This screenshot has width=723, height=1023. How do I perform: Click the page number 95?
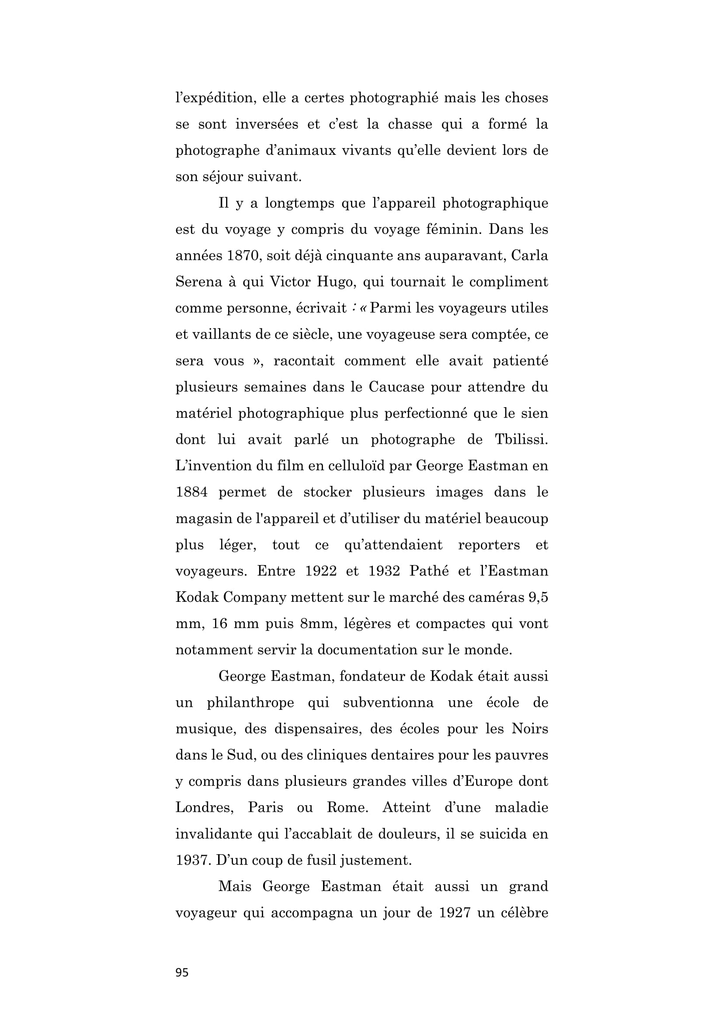pyautogui.click(x=182, y=973)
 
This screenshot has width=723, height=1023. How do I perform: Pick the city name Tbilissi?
pyautogui.click(x=521, y=439)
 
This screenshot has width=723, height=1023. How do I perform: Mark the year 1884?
pyautogui.click(x=191, y=492)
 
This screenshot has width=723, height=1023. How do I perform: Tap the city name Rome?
pyautogui.click(x=347, y=807)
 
